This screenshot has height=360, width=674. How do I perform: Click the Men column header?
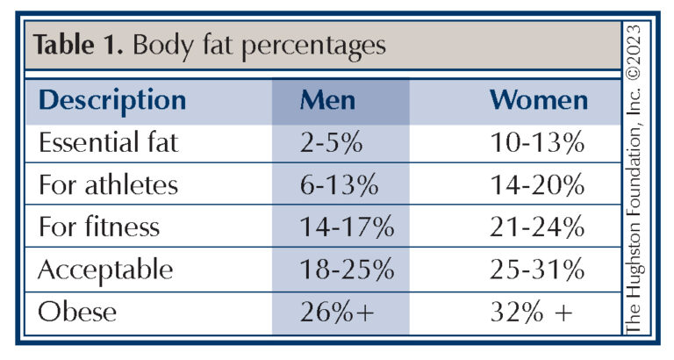click(327, 100)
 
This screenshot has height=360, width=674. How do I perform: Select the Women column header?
click(538, 100)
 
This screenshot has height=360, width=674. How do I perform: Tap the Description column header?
click(112, 100)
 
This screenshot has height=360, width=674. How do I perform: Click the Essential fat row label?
click(109, 143)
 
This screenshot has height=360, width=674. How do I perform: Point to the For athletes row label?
click(109, 185)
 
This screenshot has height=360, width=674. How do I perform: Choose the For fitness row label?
click(99, 227)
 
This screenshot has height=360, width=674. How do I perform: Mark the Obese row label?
click(75, 312)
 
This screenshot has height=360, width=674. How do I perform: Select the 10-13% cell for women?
click(538, 143)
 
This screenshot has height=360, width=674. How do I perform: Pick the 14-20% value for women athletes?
click(538, 185)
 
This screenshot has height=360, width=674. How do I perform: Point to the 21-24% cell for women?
click(538, 227)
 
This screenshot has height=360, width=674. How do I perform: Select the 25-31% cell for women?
click(538, 270)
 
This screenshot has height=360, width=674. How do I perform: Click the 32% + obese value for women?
click(538, 312)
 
